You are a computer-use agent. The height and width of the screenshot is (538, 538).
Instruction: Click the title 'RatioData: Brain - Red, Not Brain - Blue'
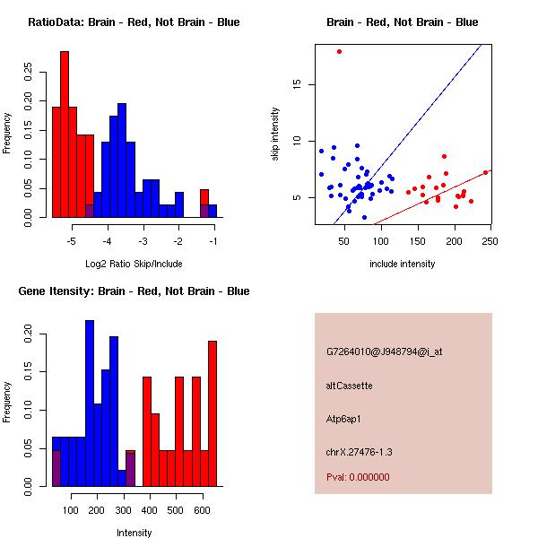(x=134, y=22)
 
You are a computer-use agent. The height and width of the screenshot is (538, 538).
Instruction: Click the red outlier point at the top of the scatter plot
(x=339, y=51)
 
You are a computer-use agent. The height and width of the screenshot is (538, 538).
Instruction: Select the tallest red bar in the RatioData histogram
(x=65, y=134)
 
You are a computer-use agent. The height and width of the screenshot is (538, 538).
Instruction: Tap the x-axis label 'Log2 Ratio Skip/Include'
(x=134, y=264)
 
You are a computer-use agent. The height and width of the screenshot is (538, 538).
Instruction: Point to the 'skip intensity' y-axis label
(x=275, y=134)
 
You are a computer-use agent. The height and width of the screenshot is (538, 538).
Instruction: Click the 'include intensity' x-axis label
(x=402, y=264)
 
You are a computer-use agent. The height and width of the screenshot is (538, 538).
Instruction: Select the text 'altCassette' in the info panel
(x=350, y=386)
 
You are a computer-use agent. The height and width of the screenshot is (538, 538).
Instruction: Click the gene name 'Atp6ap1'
(x=344, y=419)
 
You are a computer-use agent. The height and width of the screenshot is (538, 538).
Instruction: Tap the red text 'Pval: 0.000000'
(x=358, y=477)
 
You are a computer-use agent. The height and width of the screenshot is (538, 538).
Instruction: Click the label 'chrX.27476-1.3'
(x=360, y=451)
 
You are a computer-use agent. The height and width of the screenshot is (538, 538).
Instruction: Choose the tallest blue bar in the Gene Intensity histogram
(x=90, y=403)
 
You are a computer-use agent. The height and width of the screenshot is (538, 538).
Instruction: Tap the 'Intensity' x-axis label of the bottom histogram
(x=134, y=533)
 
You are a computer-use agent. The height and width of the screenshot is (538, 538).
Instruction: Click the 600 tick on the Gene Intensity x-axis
(x=203, y=510)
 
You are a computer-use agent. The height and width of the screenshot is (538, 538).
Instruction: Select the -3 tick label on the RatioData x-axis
(x=143, y=241)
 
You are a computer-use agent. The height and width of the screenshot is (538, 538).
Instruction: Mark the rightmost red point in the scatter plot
(x=485, y=172)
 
